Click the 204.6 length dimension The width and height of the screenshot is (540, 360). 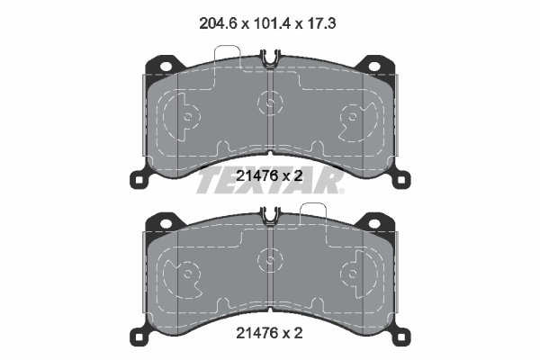pyautogui.click(x=219, y=23)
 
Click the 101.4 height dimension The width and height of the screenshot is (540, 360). pyautogui.click(x=272, y=23)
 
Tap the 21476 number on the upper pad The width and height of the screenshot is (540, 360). pyautogui.click(x=256, y=176)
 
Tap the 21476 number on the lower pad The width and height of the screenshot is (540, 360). pyautogui.click(x=256, y=333)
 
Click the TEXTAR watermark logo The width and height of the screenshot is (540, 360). pyautogui.click(x=270, y=181)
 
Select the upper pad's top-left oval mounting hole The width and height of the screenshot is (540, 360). pyautogui.click(x=166, y=66)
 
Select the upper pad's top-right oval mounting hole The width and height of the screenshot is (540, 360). pyautogui.click(x=374, y=66)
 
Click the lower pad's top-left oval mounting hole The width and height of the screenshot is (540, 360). pyautogui.click(x=166, y=223)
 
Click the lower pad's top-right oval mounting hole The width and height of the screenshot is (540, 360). pyautogui.click(x=374, y=223)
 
